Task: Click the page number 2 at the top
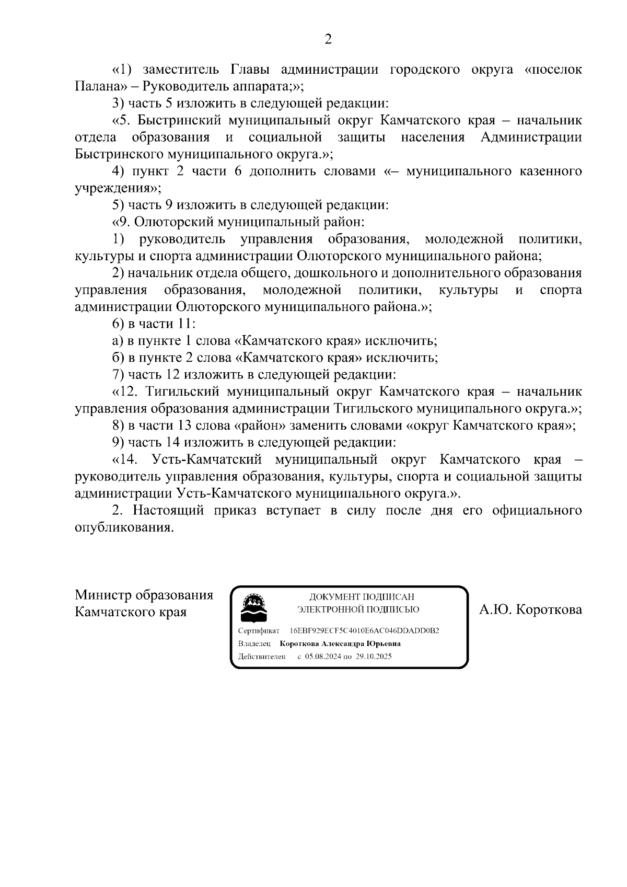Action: pyautogui.click(x=328, y=39)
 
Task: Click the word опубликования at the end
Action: pyautogui.click(x=123, y=527)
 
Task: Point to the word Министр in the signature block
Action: pyautogui.click(x=103, y=595)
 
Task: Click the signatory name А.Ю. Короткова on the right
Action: pyautogui.click(x=530, y=610)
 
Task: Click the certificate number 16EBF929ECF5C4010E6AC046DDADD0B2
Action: pyautogui.click(x=364, y=631)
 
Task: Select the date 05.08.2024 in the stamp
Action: pyautogui.click(x=322, y=657)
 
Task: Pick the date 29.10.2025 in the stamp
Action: pyautogui.click(x=374, y=657)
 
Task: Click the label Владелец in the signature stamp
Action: pyautogui.click(x=254, y=644)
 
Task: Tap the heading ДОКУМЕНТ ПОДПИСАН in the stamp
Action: pyautogui.click(x=362, y=597)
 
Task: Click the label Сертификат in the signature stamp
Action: pyautogui.click(x=259, y=631)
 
